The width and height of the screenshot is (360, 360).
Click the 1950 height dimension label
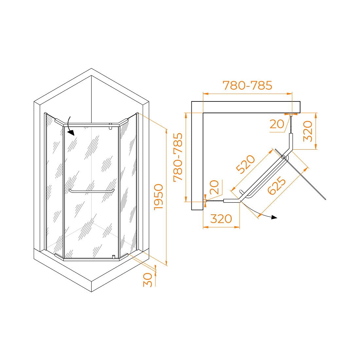159,197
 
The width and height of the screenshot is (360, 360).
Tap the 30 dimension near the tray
148,280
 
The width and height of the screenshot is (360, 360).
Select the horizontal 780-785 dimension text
247,85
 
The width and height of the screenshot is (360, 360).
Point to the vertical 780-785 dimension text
178,157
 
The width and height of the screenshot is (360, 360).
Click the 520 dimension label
245,164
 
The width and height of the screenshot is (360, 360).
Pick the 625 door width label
277,186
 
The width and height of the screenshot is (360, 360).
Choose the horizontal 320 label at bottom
221,219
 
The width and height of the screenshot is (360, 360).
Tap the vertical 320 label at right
308,131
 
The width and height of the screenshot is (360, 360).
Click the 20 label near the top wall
277,124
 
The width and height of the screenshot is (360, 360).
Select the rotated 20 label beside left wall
214,187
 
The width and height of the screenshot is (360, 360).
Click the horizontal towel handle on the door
92,191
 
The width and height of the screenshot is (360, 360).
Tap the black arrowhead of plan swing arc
274,217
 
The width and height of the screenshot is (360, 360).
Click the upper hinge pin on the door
110,126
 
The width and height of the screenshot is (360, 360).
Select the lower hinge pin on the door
114,257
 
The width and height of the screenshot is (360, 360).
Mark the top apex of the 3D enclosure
91,68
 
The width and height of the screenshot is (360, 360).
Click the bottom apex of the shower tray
91,292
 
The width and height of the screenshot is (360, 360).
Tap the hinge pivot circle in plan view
283,157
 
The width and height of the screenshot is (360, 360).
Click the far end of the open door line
325,199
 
